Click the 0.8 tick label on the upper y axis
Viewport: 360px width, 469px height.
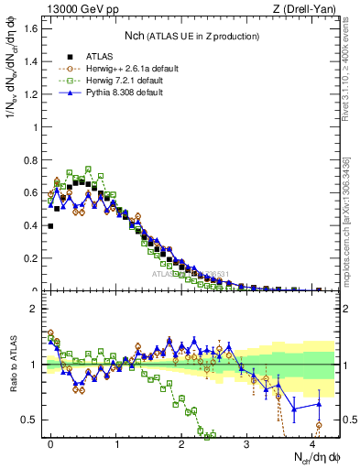[x=32, y=159]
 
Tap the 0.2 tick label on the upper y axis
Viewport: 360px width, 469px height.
[x=32, y=258]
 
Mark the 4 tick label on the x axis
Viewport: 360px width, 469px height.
[x=312, y=442]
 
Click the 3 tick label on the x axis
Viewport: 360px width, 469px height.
[x=247, y=442]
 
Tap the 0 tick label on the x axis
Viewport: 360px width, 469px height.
[x=51, y=442]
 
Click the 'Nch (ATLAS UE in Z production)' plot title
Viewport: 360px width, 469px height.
[x=191, y=36]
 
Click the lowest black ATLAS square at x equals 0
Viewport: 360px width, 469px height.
[x=50, y=225]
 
